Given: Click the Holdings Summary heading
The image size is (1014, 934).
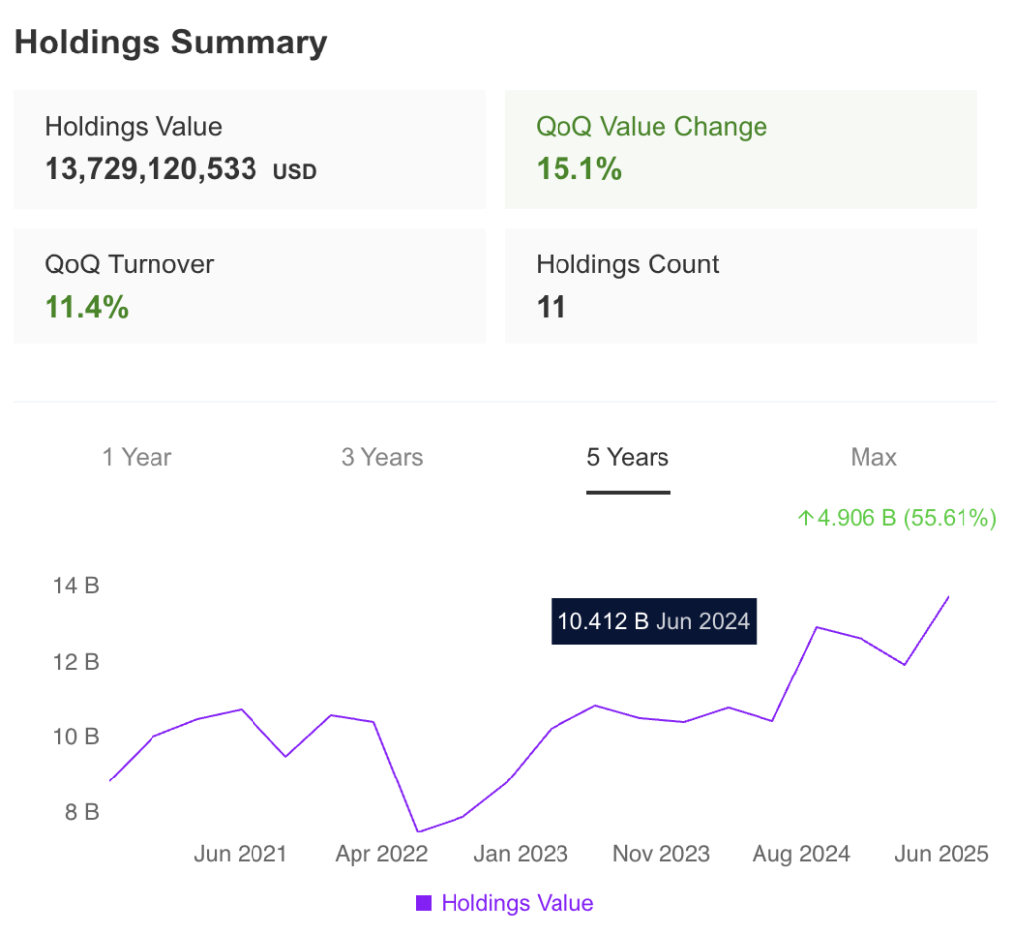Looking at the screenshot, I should click(170, 43).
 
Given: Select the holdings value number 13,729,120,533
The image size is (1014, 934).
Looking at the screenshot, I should click(151, 170).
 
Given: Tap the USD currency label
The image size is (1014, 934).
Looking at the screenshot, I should click(295, 172).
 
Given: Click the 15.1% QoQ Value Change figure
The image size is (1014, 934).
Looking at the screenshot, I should click(579, 169).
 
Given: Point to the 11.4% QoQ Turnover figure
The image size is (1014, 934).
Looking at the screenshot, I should click(87, 307).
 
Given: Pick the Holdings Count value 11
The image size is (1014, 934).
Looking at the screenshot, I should click(551, 307).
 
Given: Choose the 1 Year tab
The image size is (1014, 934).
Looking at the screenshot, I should click(137, 457).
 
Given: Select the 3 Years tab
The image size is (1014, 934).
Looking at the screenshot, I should click(382, 457).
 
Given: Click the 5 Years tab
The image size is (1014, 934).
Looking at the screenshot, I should click(628, 457).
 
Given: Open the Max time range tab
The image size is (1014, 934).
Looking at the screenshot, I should click(873, 457).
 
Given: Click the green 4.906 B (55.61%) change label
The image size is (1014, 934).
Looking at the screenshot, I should click(897, 517).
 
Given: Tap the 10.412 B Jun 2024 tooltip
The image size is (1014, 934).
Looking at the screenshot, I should click(654, 622).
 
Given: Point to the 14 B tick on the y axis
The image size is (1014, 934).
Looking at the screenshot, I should click(76, 585).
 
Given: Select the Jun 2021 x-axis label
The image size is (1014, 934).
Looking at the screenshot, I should click(240, 853).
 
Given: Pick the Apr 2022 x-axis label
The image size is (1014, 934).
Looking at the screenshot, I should click(381, 853).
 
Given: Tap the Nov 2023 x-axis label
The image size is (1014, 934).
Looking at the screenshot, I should click(660, 853).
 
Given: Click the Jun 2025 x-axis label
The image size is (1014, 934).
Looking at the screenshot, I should click(941, 853).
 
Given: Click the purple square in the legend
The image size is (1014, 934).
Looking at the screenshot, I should click(424, 902).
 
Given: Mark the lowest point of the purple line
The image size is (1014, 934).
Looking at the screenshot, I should click(418, 831).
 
